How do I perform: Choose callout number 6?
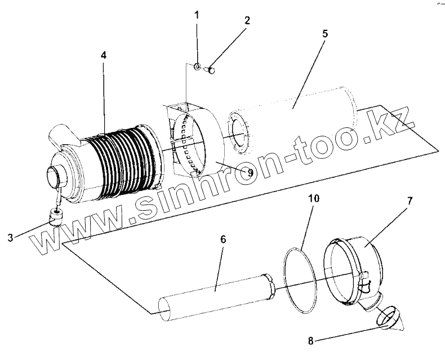click(223, 239)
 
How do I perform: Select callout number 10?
click(313, 198)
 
